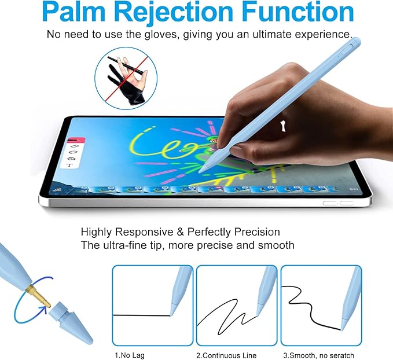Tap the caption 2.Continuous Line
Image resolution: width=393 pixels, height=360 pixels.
226,355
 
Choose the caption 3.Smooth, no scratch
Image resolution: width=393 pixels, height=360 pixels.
318,355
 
